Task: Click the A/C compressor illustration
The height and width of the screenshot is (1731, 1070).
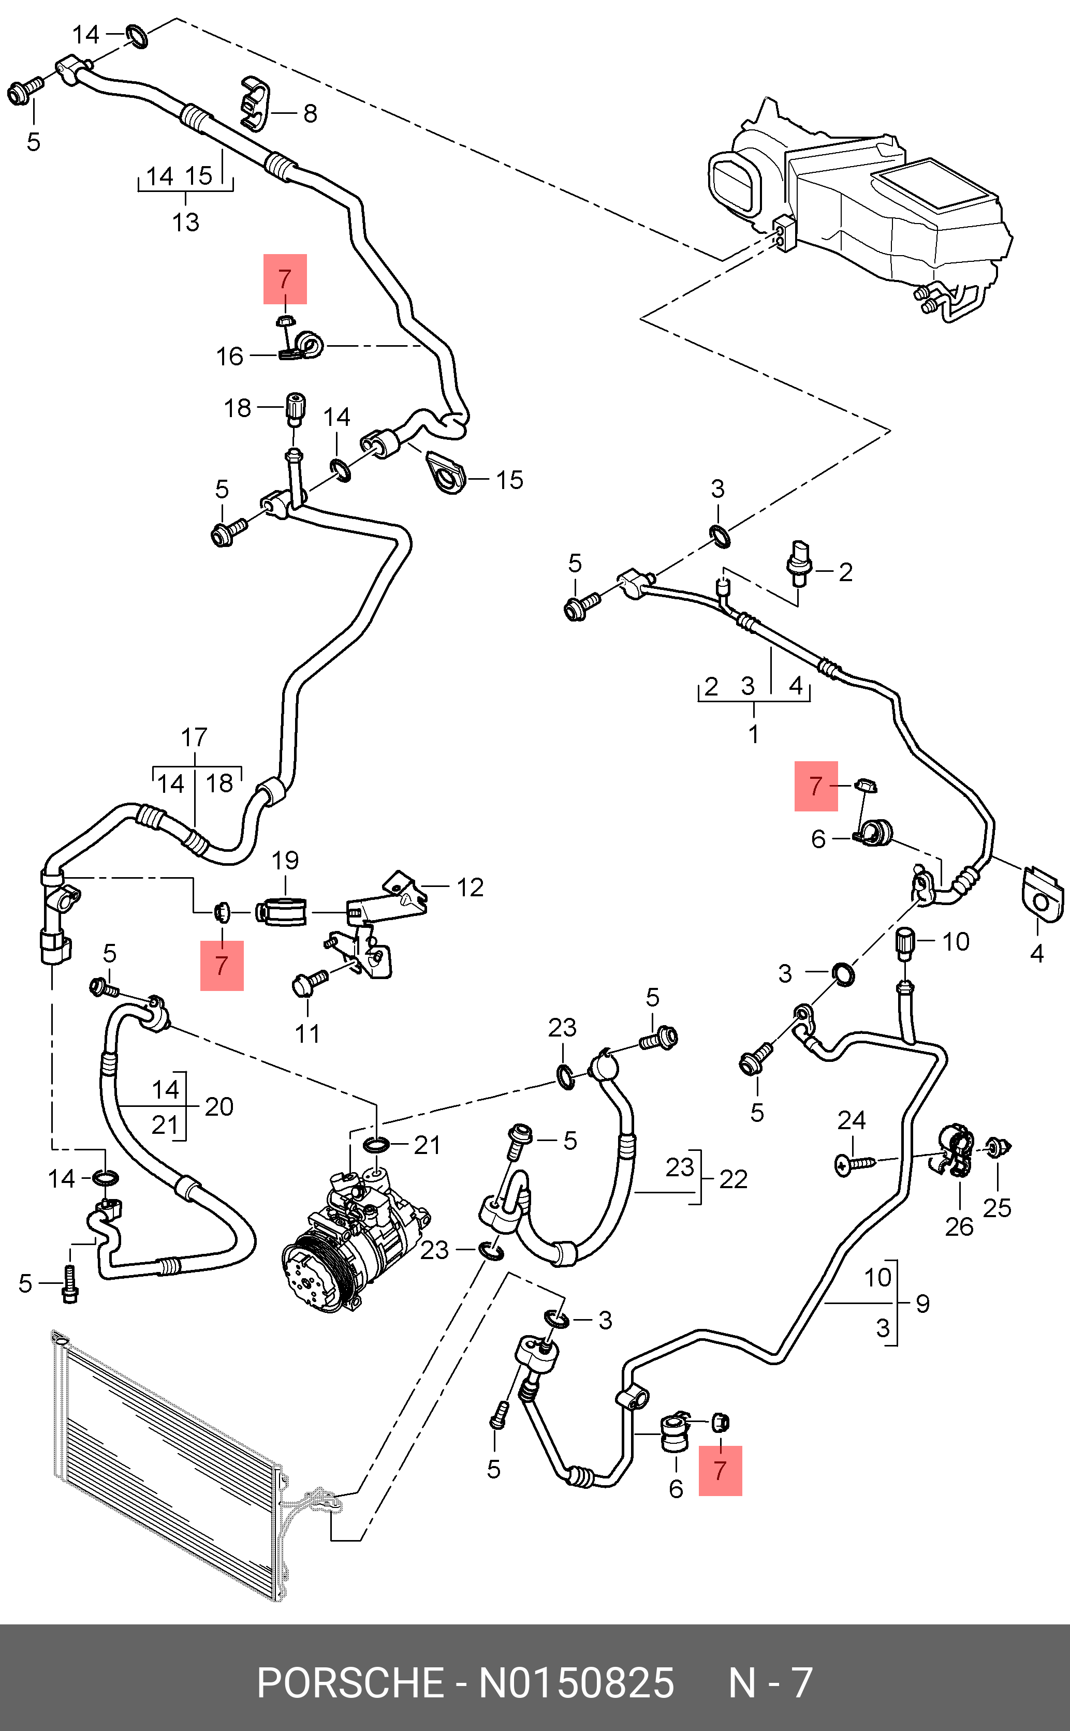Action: pyautogui.click(x=354, y=1241)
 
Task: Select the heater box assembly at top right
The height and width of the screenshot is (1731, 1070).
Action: pyautogui.click(x=860, y=209)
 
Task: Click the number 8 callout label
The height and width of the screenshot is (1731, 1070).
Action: pyautogui.click(x=310, y=113)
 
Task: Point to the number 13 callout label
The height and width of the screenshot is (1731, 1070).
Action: pyautogui.click(x=185, y=222)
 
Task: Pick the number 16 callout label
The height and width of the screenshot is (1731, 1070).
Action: pyautogui.click(x=229, y=356)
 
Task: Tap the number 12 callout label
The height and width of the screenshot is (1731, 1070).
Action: pyautogui.click(x=470, y=887)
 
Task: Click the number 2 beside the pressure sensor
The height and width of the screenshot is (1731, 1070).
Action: pyautogui.click(x=846, y=572)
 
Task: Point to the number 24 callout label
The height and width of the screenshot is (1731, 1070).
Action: pyautogui.click(x=852, y=1120)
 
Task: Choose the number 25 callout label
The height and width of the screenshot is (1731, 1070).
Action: pyautogui.click(x=996, y=1207)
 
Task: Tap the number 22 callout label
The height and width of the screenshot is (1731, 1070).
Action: pyautogui.click(x=733, y=1179)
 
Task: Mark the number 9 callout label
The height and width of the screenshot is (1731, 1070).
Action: pyautogui.click(x=923, y=1303)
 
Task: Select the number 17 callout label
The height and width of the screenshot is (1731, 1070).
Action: pyautogui.click(x=194, y=737)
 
